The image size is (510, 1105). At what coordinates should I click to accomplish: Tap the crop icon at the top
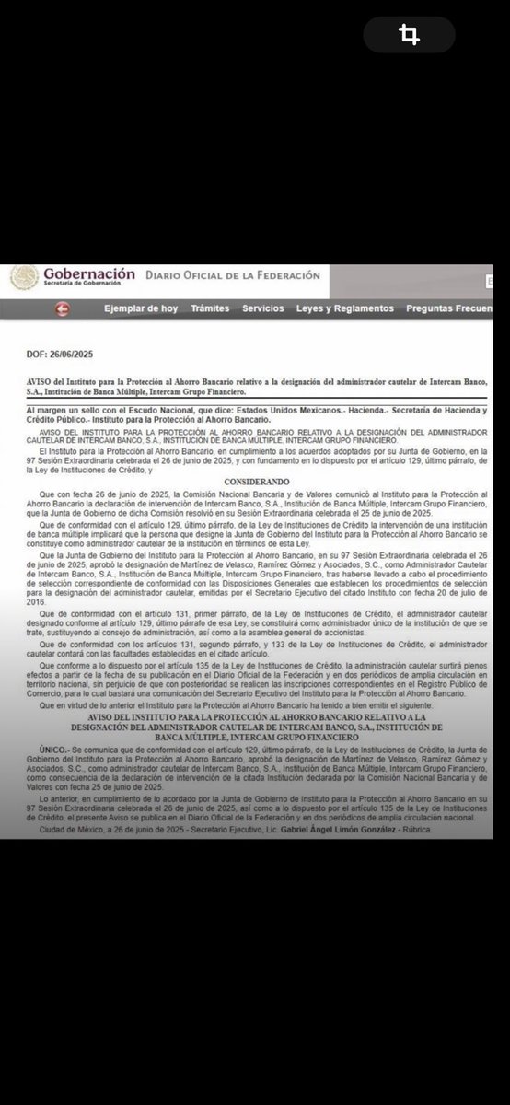(x=409, y=35)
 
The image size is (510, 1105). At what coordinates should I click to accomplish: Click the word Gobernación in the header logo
(x=89, y=273)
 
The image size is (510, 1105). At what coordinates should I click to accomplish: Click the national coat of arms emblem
(x=24, y=277)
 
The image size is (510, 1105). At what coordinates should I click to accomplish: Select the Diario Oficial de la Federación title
(x=232, y=275)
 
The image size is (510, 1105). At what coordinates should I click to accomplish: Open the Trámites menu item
(x=210, y=308)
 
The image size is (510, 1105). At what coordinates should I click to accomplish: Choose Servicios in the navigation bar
(x=263, y=308)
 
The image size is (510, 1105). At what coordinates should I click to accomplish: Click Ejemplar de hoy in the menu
(x=141, y=308)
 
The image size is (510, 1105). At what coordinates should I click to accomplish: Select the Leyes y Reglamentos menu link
(x=345, y=308)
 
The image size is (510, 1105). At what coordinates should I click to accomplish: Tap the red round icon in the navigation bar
(x=63, y=309)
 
